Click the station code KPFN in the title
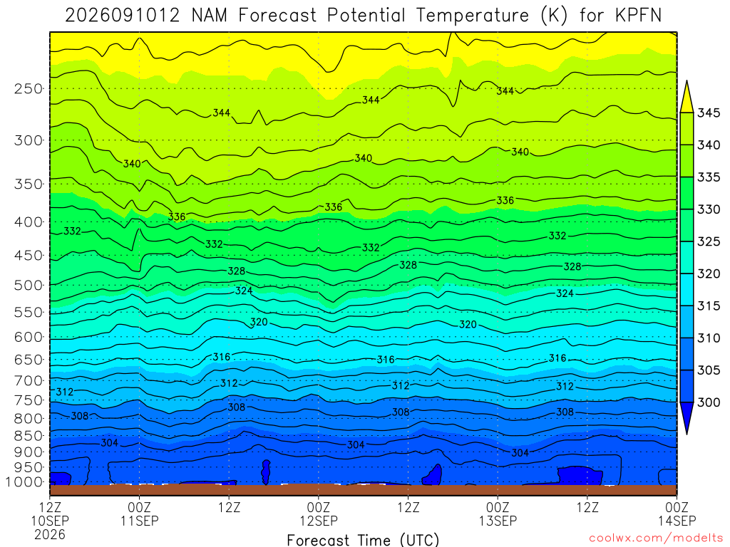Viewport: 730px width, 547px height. (638, 16)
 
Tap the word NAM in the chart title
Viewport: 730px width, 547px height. (210, 16)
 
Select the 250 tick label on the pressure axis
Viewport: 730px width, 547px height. (29, 88)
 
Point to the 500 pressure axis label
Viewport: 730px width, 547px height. (29, 285)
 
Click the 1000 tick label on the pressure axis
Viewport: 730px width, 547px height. (24, 482)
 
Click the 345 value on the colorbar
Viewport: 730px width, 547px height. (709, 113)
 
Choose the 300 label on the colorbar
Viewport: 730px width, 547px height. (709, 402)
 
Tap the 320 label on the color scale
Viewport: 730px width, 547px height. (709, 273)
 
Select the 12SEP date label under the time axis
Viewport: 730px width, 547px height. (319, 521)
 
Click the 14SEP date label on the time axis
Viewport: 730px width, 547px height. (677, 521)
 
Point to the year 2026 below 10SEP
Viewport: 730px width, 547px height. (50, 535)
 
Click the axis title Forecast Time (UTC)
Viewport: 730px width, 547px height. (363, 540)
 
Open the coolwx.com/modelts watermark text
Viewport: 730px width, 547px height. (656, 538)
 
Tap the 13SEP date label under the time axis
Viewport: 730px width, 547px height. (498, 521)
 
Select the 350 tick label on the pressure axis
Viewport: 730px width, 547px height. (29, 184)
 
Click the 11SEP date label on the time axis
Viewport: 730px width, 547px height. (140, 521)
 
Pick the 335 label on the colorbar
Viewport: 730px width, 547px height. (709, 177)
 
